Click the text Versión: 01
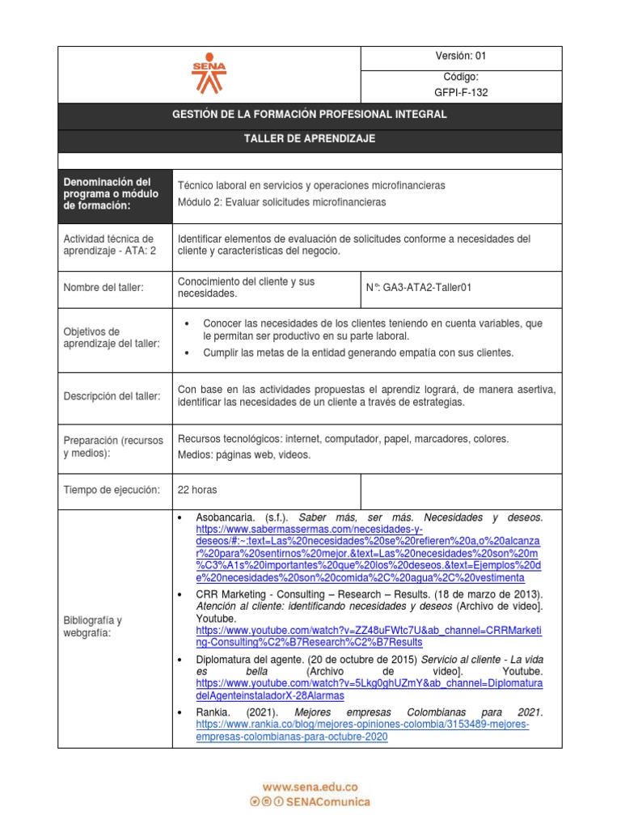pyautogui.click(x=460, y=56)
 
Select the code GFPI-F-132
pyautogui.click(x=461, y=92)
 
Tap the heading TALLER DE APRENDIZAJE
pyautogui.click(x=310, y=139)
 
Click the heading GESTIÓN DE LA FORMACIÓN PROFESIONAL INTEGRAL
pyautogui.click(x=310, y=115)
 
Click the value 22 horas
pyautogui.click(x=197, y=490)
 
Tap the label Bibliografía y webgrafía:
pyautogui.click(x=92, y=627)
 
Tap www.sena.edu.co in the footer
pyautogui.click(x=310, y=786)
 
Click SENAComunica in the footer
pyautogui.click(x=328, y=801)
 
